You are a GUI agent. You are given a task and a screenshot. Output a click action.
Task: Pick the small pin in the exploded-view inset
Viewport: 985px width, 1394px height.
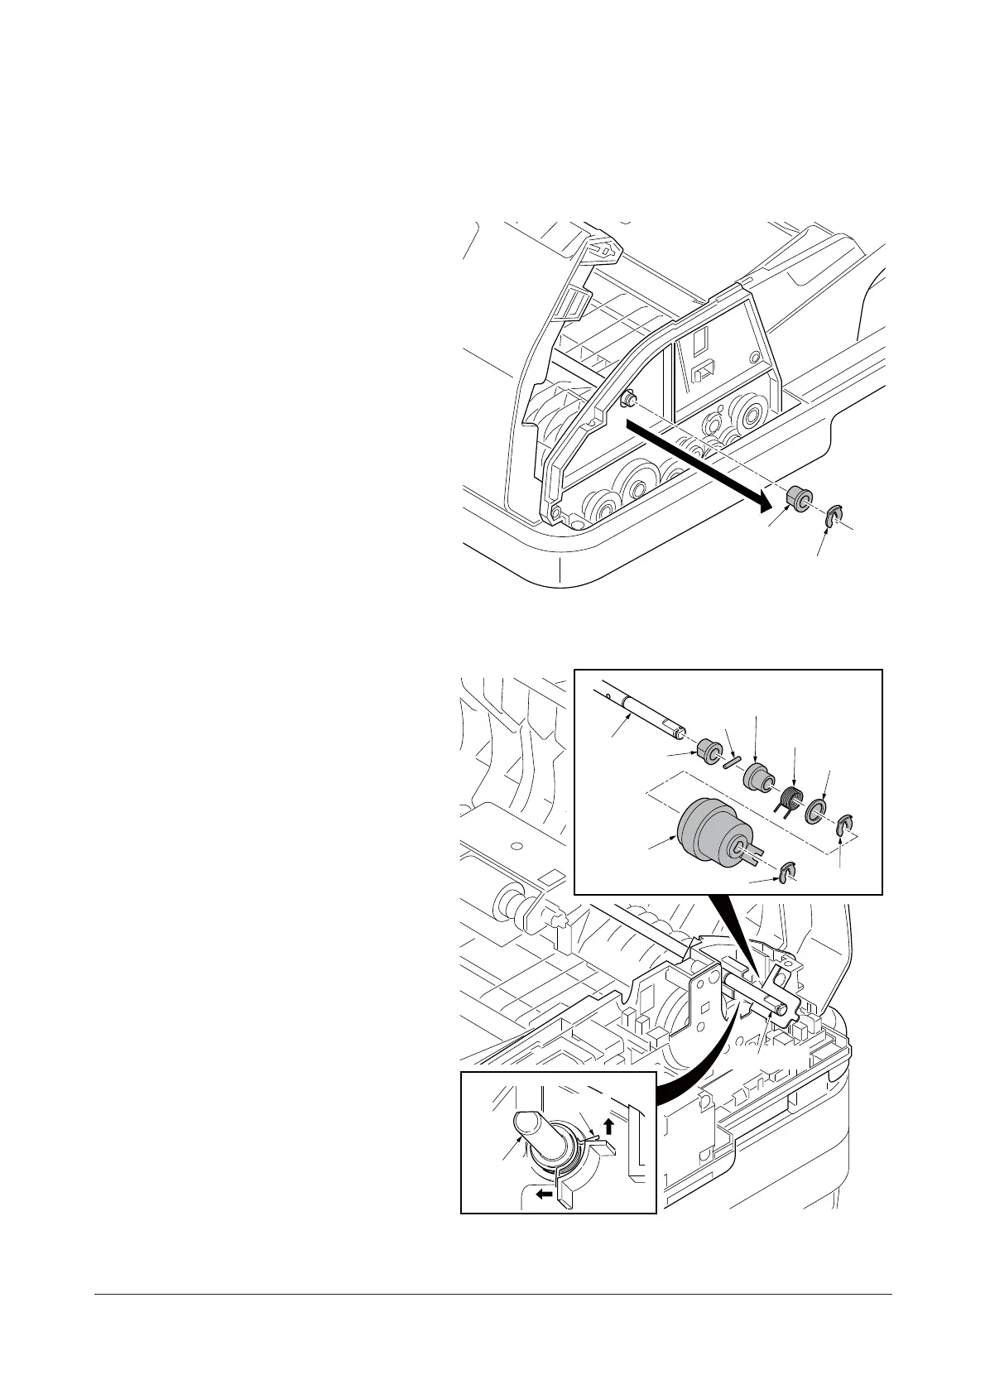pyautogui.click(x=732, y=762)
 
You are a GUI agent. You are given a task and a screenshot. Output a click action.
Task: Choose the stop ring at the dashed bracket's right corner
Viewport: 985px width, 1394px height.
pyautogui.click(x=844, y=826)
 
